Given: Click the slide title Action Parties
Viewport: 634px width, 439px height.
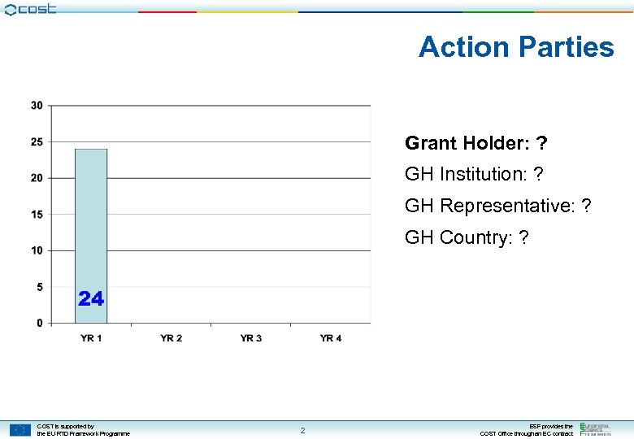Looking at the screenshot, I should click(x=516, y=47).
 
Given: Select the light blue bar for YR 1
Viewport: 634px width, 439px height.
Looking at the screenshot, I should click(x=91, y=236).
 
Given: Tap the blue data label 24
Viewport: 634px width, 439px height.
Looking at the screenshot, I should click(x=91, y=299).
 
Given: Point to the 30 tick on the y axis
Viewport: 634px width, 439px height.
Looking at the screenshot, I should click(x=37, y=106).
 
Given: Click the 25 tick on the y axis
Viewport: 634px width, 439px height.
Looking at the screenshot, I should click(x=37, y=142).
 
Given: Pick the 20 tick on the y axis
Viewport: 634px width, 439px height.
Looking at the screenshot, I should click(x=37, y=178).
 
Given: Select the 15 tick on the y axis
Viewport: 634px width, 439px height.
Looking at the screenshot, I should click(x=37, y=215).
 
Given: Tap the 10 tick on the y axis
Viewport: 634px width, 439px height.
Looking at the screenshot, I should click(x=37, y=250).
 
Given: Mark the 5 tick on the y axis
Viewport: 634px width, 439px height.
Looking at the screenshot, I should click(x=40, y=287).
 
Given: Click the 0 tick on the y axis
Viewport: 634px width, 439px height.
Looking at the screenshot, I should click(x=40, y=323).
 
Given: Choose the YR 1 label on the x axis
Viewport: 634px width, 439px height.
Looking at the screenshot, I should click(x=91, y=338).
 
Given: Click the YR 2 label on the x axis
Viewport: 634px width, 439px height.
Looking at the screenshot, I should click(x=171, y=338).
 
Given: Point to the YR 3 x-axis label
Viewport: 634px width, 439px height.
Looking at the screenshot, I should click(x=250, y=338).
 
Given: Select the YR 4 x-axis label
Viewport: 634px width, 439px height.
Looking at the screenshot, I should click(x=330, y=338).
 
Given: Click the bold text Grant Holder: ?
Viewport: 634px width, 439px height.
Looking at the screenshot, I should click(x=475, y=144).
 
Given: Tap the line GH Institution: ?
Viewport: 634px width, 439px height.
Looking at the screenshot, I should click(x=474, y=174).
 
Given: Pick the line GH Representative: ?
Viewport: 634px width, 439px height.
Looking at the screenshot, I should click(x=497, y=206).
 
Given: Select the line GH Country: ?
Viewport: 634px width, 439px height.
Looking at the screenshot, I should click(x=467, y=237).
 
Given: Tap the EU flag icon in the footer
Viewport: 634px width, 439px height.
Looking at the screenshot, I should click(x=20, y=429).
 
